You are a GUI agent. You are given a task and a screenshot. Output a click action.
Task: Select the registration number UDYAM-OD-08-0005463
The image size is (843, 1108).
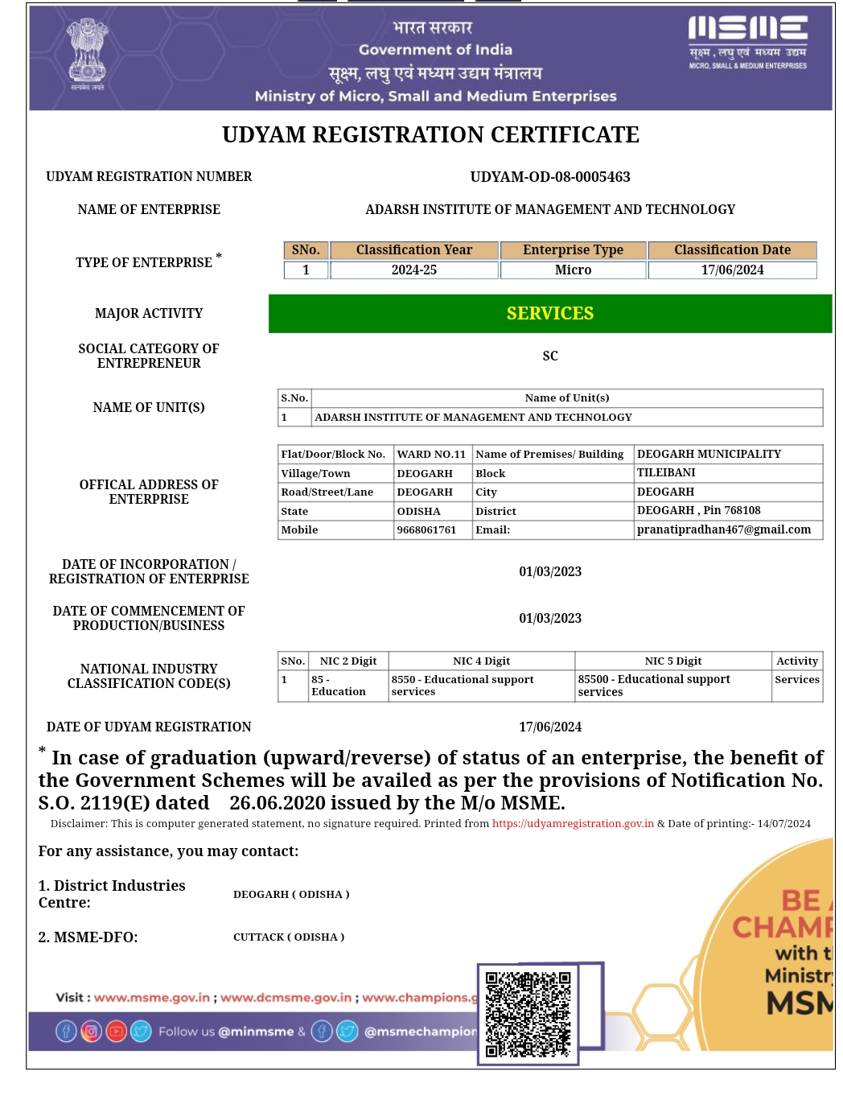[x=550, y=177]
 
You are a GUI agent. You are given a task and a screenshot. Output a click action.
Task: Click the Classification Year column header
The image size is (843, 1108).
[x=413, y=250]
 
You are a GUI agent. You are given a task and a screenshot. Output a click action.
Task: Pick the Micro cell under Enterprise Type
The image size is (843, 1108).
[x=573, y=270]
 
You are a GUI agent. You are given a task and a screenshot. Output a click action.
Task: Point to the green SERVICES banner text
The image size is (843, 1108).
[x=550, y=314]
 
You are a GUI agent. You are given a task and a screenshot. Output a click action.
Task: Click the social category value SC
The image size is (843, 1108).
[x=550, y=356]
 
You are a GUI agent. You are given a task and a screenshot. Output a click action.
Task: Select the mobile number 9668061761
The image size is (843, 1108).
[x=426, y=530]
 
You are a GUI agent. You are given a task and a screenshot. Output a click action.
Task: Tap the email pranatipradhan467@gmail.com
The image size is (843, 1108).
[x=723, y=530]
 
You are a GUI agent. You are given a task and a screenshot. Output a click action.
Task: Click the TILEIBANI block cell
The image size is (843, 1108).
[x=666, y=473]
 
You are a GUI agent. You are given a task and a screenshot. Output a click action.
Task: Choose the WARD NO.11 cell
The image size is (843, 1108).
[x=431, y=455]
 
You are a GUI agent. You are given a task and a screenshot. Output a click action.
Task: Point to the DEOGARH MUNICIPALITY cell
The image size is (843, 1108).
[x=709, y=455]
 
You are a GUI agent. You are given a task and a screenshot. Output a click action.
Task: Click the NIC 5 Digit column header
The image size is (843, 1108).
[x=672, y=661]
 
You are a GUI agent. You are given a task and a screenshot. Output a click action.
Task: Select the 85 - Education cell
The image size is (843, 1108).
[x=339, y=686]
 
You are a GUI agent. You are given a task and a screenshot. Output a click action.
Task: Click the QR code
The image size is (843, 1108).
[x=528, y=1014]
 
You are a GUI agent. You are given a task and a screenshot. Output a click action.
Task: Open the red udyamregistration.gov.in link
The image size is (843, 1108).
[x=573, y=824]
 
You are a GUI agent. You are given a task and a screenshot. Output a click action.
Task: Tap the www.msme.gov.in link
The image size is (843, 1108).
[x=152, y=998]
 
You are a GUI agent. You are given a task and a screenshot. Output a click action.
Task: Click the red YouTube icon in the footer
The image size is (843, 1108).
[x=116, y=1032]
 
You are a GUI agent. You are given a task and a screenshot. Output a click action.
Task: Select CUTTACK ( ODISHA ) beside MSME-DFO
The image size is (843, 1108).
[x=289, y=937]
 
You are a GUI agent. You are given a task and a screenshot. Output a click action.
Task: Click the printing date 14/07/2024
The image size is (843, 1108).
[x=783, y=824]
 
